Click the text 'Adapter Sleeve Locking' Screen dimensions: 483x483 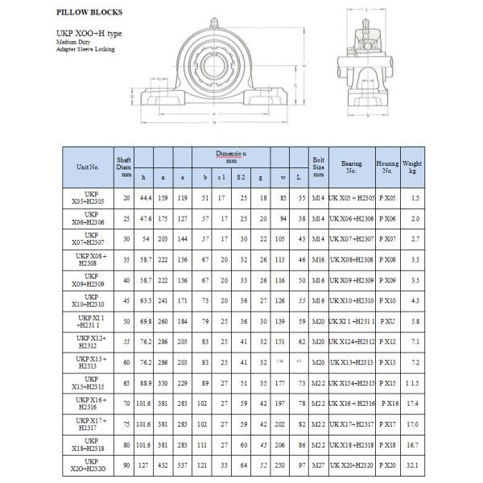pyautogui.click(x=85, y=49)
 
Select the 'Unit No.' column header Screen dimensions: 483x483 pyautogui.click(x=88, y=167)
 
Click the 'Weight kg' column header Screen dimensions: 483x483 pyautogui.click(x=412, y=167)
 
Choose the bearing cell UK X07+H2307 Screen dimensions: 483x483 pyautogui.click(x=352, y=239)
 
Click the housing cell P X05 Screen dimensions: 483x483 pyautogui.click(x=387, y=197)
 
